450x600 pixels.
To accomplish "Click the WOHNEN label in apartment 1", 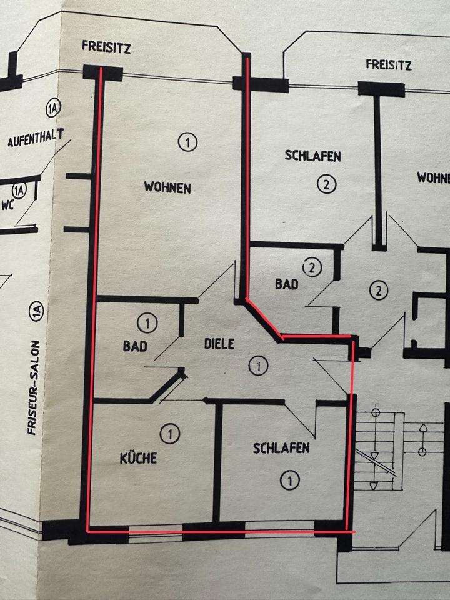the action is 167,187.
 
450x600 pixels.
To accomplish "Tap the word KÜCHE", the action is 137,457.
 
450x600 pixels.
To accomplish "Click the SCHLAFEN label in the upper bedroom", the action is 312,156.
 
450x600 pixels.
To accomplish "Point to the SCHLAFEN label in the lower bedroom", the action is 281,448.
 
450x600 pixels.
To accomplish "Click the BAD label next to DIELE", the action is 135,346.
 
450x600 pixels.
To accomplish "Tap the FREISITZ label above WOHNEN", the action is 106,47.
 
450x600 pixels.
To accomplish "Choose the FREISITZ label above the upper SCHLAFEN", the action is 389,64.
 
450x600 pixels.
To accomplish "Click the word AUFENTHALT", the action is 36,140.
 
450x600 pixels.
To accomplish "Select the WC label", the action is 7,204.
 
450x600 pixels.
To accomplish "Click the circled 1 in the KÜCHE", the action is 167,432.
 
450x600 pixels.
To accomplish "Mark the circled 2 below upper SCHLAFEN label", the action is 326,184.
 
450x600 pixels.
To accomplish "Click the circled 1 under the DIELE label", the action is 256,365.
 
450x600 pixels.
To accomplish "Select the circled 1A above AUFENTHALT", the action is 52,110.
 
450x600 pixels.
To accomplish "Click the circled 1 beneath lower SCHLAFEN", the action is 289,480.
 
